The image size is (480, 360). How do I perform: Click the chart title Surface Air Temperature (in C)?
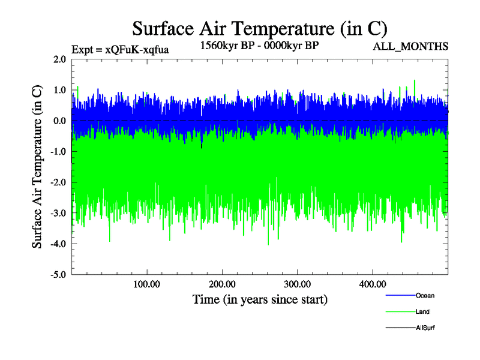259,28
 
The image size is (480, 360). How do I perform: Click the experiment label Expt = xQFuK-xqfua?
120,49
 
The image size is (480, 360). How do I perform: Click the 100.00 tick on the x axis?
147,284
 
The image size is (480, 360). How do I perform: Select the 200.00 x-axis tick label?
222,284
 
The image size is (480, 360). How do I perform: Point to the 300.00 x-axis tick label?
297,284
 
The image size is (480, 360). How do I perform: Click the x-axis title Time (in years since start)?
260,299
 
